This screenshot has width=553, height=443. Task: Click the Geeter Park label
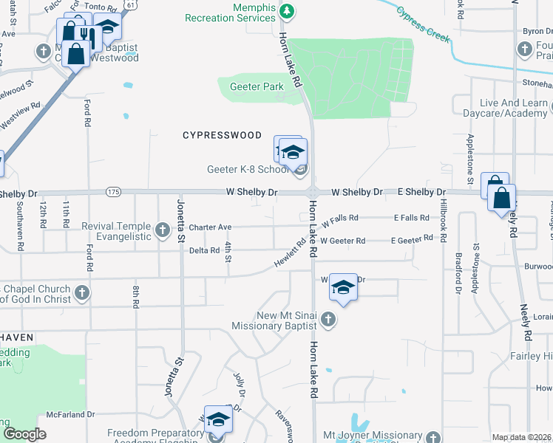257,86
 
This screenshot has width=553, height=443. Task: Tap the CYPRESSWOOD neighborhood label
223,135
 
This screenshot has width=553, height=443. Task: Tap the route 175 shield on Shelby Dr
112,192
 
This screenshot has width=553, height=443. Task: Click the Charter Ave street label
210,227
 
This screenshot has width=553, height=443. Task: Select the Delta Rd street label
204,250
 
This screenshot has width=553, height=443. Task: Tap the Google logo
24,434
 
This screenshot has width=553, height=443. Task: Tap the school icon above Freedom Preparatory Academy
218,420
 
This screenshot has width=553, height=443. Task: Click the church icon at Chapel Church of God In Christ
82,294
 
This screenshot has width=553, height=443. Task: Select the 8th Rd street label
136,298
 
